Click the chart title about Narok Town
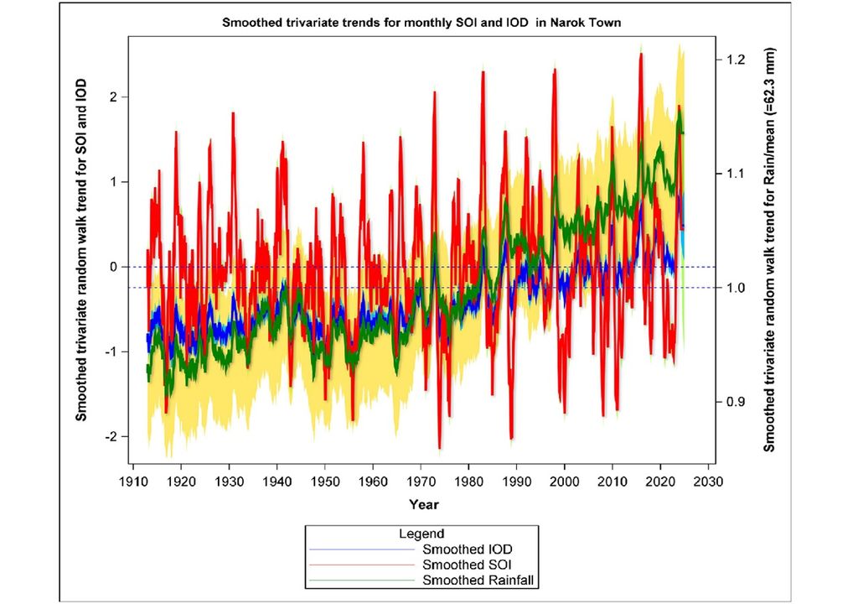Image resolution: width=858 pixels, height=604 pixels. [x=421, y=23]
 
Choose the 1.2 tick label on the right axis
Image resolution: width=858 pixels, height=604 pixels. [x=737, y=60]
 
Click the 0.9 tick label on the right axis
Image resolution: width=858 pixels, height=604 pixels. [x=737, y=402]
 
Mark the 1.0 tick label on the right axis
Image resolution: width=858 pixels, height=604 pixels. [x=737, y=288]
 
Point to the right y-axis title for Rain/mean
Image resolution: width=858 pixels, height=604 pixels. [x=770, y=248]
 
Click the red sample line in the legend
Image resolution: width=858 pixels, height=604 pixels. [x=363, y=564]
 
